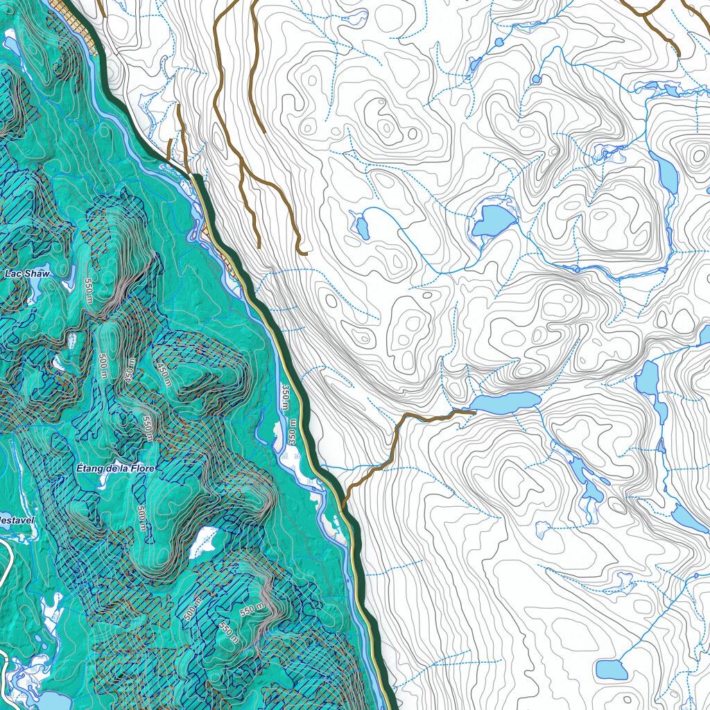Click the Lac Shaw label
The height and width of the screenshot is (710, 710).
[24, 274]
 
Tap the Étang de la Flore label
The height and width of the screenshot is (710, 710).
[116, 469]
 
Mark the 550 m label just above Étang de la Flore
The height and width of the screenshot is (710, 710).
[146, 428]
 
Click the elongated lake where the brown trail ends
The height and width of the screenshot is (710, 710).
[504, 402]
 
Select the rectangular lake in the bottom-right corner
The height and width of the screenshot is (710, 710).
[612, 670]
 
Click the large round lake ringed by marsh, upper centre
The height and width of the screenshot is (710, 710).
[494, 220]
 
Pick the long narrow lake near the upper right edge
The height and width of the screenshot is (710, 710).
[667, 174]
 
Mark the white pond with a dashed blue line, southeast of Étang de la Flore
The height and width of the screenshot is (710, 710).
[204, 542]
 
